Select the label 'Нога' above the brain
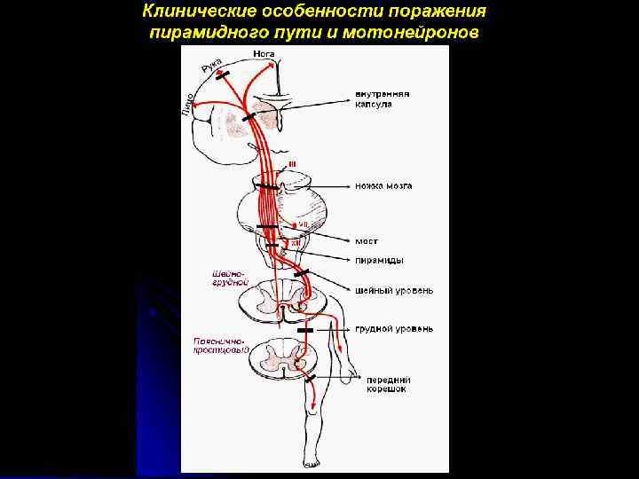[264, 53]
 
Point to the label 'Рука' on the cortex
[211, 65]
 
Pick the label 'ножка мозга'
[383, 186]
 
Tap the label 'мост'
[367, 240]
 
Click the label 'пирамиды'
[380, 260]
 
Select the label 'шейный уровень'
[394, 290]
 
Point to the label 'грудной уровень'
[394, 329]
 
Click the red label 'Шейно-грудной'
[228, 277]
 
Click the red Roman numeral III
[292, 164]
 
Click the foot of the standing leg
[310, 462]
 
